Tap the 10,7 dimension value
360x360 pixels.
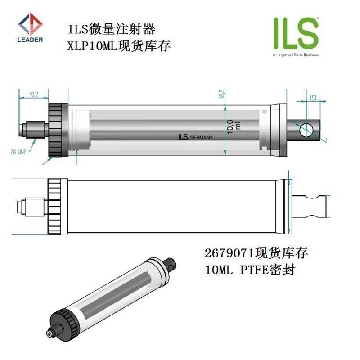[x=34, y=94]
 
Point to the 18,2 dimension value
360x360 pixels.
[x=221, y=95]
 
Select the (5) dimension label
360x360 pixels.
[x=313, y=98]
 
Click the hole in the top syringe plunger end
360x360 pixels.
[x=306, y=129]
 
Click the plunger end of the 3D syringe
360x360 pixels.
[x=170, y=265]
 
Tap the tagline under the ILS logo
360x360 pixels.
[x=295, y=54]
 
